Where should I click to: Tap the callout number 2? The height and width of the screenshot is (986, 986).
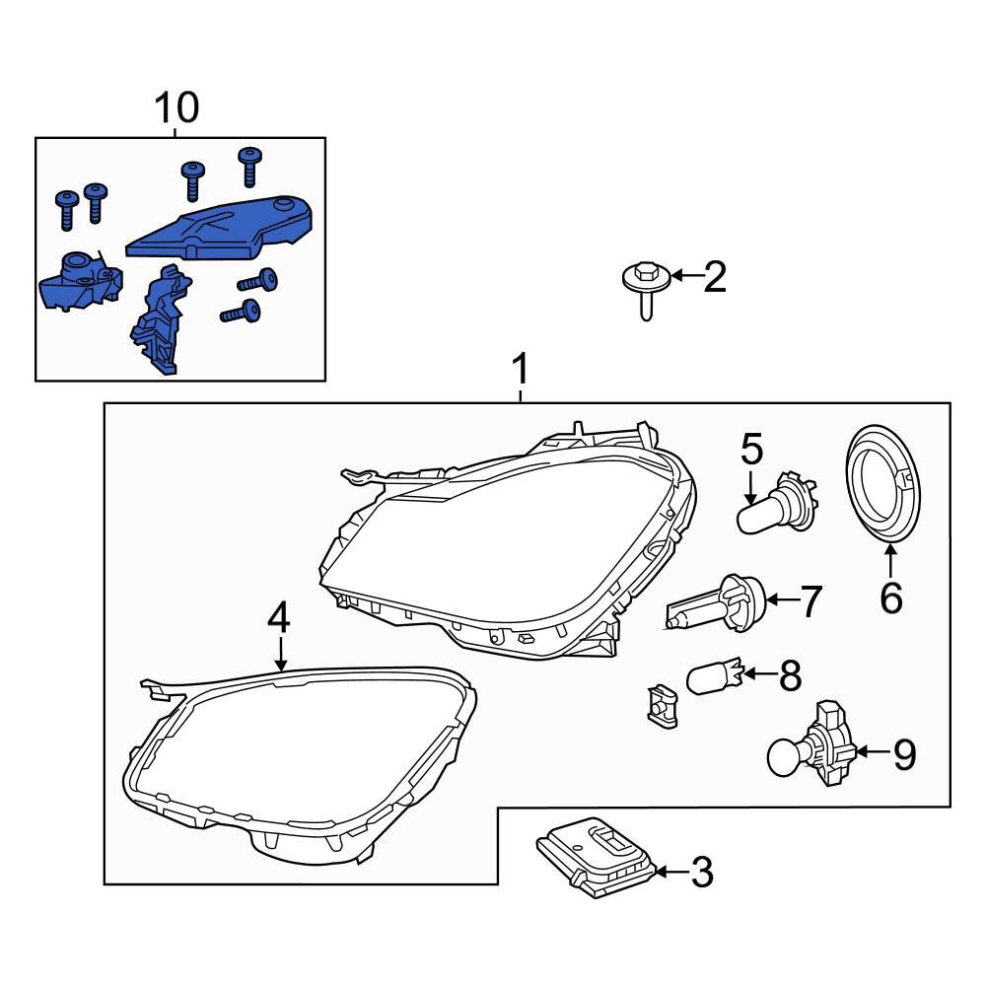(714, 278)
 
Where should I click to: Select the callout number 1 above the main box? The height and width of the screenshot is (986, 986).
(521, 372)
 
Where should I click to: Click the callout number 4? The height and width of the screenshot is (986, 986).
(280, 618)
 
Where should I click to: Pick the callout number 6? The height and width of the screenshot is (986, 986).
(890, 598)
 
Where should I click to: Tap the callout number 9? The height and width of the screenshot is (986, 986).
(904, 755)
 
